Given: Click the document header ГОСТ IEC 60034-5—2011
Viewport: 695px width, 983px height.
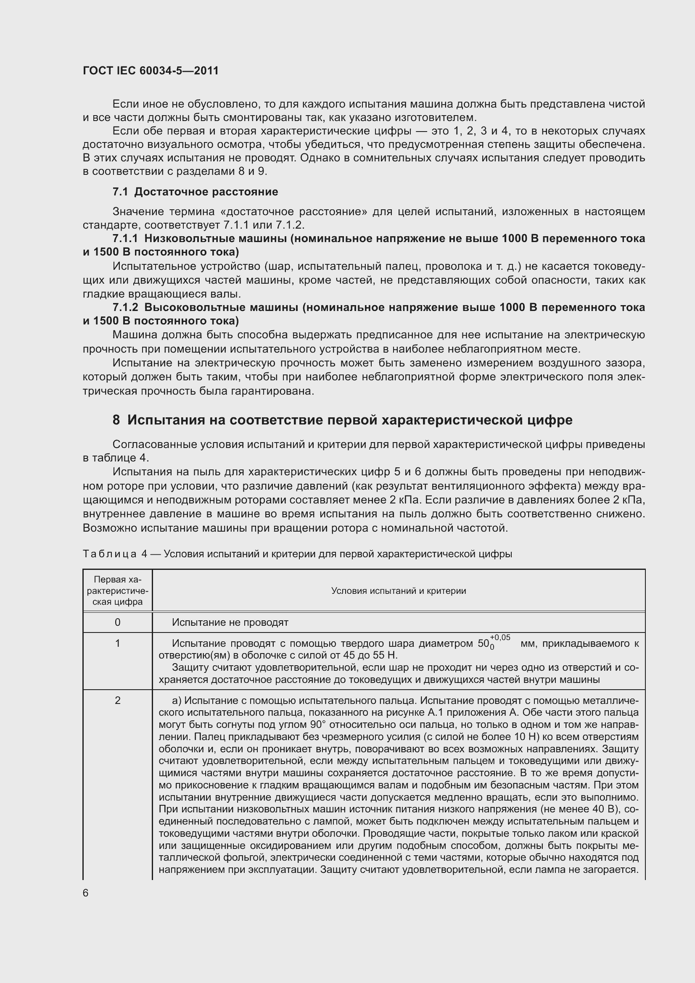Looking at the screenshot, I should coord(151,71).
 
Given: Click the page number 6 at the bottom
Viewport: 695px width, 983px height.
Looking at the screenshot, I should coord(86,893).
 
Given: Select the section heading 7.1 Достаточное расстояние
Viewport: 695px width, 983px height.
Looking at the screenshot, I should coord(195,192).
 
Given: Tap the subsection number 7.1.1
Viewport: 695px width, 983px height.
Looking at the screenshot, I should coord(125,238).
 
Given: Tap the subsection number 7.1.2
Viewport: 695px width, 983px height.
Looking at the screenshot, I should coord(125,307).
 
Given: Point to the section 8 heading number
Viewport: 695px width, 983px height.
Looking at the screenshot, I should coord(116,420).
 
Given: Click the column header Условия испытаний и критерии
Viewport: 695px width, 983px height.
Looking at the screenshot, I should coord(399,591).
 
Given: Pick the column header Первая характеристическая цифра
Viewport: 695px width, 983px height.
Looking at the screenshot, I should coord(117,591).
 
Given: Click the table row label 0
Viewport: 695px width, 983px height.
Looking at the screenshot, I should coord(117,622).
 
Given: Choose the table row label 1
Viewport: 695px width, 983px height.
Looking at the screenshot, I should coord(117,643).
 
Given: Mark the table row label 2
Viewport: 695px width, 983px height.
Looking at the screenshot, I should coord(117,701).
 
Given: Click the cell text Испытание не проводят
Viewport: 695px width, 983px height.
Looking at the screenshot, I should coord(230,622).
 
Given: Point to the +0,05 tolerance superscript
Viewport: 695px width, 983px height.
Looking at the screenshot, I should coord(500,638).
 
